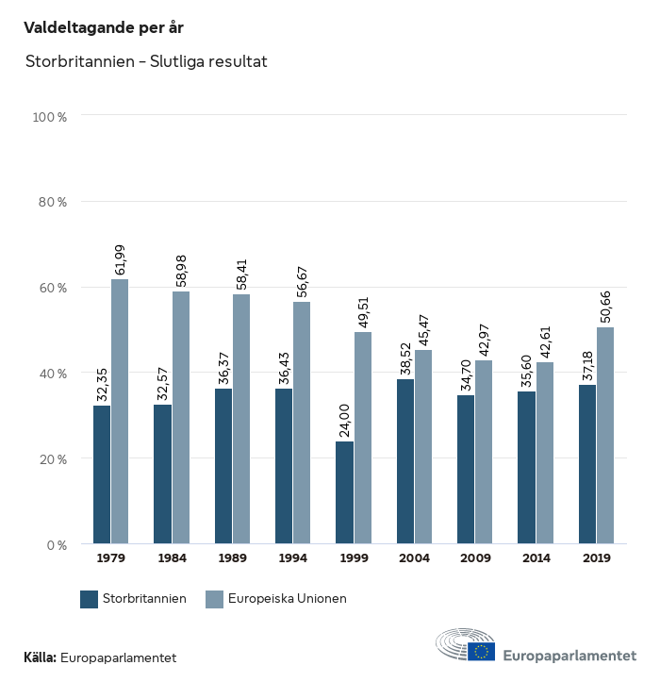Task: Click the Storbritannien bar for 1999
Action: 345,492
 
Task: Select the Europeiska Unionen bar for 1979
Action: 120,411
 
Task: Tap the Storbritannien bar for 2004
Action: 405,461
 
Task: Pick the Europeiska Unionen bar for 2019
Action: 605,435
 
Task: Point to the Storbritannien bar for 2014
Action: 527,467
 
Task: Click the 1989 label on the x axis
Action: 232,558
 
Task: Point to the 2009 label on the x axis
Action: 474,558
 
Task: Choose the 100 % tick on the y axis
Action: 50,118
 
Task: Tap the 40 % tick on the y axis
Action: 53,374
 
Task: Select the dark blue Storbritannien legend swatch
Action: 90,599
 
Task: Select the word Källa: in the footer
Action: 40,657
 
